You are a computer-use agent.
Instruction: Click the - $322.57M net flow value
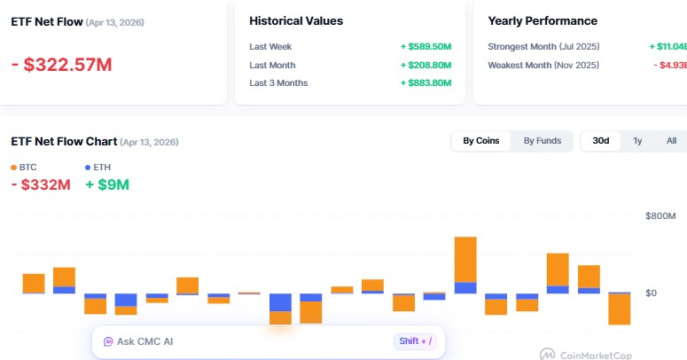pos(62,64)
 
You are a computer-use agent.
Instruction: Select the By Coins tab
pos(481,141)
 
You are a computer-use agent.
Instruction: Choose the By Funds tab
pos(542,141)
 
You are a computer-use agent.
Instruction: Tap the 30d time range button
pos(601,141)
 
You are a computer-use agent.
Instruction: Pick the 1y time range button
pos(637,141)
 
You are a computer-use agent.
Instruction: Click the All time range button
pos(671,141)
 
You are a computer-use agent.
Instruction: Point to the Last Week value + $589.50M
pos(425,46)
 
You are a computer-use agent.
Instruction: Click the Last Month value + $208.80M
pos(425,65)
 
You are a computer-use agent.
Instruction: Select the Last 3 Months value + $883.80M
pos(425,83)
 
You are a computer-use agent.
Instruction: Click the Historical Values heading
pos(296,20)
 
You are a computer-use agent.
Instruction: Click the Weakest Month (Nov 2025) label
pos(543,65)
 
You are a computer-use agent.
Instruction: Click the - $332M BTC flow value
pos(41,185)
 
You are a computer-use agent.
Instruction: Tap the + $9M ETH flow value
pos(107,185)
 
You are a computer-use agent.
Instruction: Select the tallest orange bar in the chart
pos(465,259)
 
